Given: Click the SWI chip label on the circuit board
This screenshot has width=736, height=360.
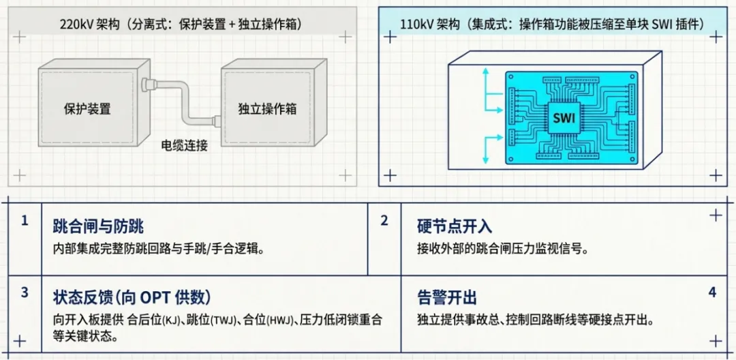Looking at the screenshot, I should tap(564, 120).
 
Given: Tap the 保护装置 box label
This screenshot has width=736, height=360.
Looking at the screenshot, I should tap(87, 109).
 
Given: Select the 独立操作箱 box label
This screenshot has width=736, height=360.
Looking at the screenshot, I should tap(267, 109).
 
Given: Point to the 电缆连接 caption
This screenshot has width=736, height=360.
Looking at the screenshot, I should tap(184, 145).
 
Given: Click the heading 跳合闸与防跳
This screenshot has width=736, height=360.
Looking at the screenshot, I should tap(98, 226).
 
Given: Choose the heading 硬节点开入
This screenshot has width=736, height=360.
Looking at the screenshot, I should tap(454, 226).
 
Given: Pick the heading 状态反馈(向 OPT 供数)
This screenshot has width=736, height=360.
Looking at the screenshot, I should tap(132, 297).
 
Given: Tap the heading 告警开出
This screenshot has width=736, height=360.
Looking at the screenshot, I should tap(446, 297).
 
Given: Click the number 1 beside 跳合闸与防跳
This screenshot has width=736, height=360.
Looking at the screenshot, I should tap(25, 221).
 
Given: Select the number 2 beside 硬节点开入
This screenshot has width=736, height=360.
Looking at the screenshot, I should tap(384, 221).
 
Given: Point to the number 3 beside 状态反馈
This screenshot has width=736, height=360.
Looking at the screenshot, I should tap(25, 293).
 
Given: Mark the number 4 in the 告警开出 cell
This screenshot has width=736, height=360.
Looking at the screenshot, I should tap(712, 292).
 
